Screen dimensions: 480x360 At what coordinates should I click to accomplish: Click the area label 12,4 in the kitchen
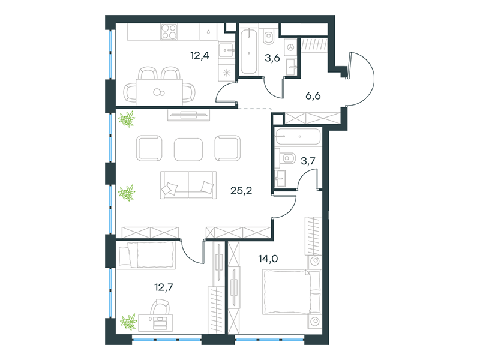pos(200,56)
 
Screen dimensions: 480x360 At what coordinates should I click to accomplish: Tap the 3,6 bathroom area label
pos(272,58)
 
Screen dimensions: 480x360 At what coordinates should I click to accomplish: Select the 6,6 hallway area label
pos(313,96)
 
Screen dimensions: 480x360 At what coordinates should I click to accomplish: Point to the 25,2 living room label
pos(241,191)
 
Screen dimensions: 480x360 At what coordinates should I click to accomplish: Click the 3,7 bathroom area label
pos(308,161)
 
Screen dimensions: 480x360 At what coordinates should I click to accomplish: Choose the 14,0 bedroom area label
pos(268,259)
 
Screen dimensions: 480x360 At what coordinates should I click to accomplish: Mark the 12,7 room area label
pos(164,287)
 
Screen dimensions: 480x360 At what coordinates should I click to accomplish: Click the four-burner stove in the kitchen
pos(169,32)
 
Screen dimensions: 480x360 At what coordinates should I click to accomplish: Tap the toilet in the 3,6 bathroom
pos(269,37)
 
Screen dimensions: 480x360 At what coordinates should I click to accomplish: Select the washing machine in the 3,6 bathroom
pos(290,47)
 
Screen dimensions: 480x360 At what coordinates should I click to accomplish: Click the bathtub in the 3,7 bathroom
pos(298,137)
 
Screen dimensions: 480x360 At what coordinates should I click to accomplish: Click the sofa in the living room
pos(188,185)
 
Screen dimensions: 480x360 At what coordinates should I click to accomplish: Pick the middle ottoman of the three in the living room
pos(188,149)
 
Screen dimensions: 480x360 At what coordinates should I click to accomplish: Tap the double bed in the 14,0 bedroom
pos(292,292)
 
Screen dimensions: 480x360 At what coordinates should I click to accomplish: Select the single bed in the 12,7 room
pos(147,256)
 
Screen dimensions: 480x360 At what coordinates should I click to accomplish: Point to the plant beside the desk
pos(128,322)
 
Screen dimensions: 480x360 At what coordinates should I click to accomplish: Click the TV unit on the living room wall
pos(189,115)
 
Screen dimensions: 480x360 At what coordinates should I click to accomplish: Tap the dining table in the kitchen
pos(159,92)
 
